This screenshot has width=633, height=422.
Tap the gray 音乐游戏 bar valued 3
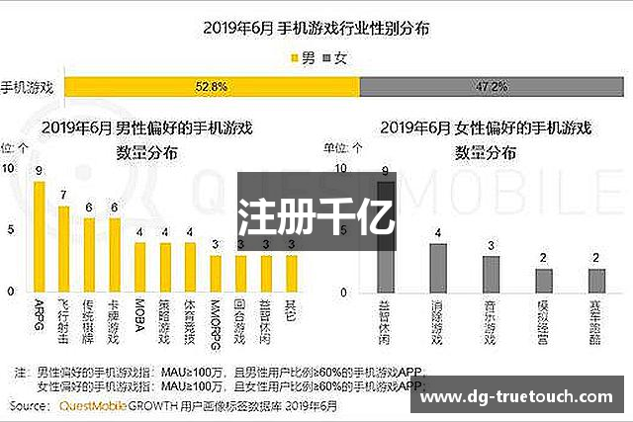pyautogui.click(x=491, y=274)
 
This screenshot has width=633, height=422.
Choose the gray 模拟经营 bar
pyautogui.click(x=544, y=280)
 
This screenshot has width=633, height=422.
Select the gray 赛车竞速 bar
pyautogui.click(x=596, y=280)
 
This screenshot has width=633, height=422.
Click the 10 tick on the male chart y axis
pyautogui.click(x=9, y=168)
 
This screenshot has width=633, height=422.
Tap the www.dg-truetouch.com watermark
pyautogui.click(x=521, y=399)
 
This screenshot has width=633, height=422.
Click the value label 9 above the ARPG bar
pyautogui.click(x=39, y=171)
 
